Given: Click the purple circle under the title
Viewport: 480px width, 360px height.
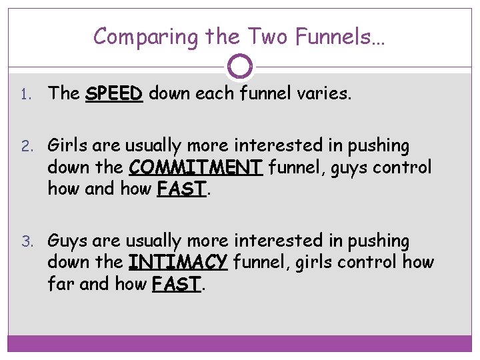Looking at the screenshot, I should point(240,66).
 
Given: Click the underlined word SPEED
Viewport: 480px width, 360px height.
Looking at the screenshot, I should point(114,94).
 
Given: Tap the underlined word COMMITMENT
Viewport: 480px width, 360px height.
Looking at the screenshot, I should point(195,167).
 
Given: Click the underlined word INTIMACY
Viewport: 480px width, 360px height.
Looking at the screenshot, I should point(178,262).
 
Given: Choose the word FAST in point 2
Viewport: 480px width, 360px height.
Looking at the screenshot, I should point(182,189).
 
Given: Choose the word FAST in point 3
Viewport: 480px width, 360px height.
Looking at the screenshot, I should point(177,284).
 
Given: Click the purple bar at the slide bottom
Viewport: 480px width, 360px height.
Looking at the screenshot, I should point(240,343).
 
